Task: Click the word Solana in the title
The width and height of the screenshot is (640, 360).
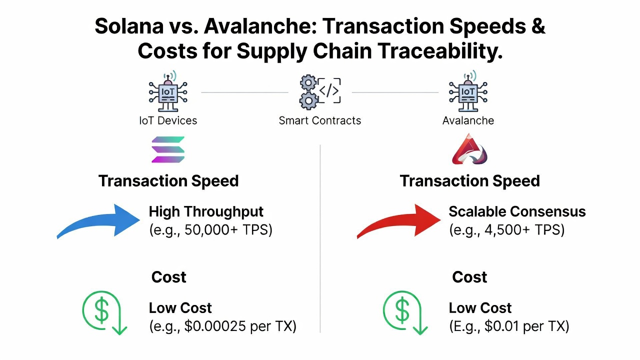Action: coord(129,26)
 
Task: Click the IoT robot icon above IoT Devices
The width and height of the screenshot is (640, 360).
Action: coord(168,91)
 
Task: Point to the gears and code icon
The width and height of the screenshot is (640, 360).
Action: coord(320,92)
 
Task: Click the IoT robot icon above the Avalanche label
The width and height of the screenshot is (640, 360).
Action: coord(468,91)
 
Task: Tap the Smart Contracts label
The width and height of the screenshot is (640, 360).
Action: coord(319,120)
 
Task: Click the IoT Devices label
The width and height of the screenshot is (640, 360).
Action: coord(168,120)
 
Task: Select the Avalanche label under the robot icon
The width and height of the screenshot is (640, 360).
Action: coord(468,120)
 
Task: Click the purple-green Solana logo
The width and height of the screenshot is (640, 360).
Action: coord(168,149)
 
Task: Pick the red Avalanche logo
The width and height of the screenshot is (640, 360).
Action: coord(469,149)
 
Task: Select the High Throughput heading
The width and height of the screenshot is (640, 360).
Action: coord(206,211)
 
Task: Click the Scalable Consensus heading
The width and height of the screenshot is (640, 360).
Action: coord(517,211)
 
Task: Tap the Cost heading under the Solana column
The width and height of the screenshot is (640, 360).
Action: coord(169,277)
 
